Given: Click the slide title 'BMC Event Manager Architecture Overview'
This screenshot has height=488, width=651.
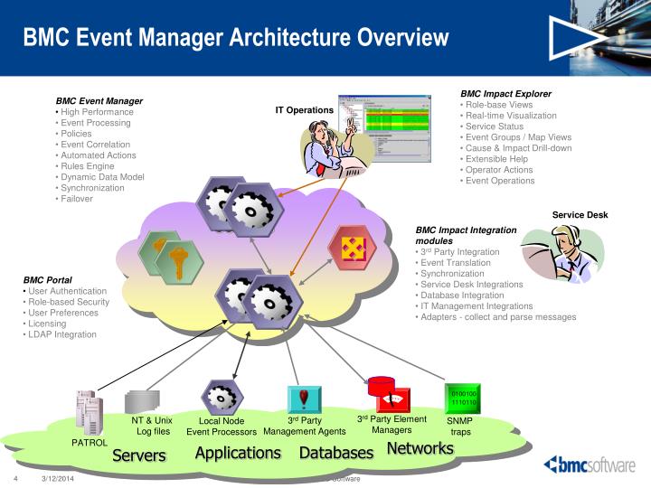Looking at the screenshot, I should click(235, 37).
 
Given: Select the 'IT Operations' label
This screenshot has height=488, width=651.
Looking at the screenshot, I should click(305, 110).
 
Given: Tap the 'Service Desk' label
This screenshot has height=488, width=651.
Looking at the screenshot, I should click(580, 215).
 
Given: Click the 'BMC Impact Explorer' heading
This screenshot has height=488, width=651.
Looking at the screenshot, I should click(505, 93).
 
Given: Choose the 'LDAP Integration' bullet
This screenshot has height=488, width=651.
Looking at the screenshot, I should click(63, 334).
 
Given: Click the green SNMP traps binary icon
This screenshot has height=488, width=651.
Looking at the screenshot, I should click(464, 399).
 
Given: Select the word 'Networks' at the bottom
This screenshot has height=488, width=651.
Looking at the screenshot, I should click(420, 448).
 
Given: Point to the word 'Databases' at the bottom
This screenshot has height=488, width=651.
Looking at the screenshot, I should click(336, 452).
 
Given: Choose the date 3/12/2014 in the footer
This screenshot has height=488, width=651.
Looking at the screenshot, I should click(57, 478).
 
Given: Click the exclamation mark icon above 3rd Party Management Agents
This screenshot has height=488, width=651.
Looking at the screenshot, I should click(305, 398).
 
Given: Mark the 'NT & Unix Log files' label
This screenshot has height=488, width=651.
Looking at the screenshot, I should click(152, 426).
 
